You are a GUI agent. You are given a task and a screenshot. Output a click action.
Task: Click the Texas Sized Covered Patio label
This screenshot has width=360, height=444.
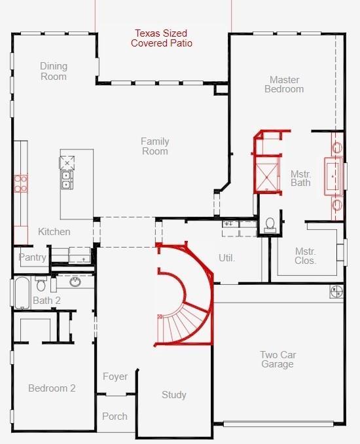pyautogui.click(x=162, y=38)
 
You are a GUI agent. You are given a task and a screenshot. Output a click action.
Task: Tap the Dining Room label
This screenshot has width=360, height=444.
pyautogui.click(x=54, y=71)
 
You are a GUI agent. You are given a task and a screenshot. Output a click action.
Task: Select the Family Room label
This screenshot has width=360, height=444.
pyautogui.click(x=155, y=146)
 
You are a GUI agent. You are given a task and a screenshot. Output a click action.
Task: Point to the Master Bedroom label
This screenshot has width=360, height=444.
pyautogui.click(x=284, y=84)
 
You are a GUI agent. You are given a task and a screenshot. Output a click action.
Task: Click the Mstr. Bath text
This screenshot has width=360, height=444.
pyautogui.click(x=300, y=178)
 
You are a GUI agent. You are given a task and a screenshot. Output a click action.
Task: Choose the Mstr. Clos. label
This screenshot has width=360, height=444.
pyautogui.click(x=305, y=255)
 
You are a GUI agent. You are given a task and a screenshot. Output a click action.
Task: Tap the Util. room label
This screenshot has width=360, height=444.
pyautogui.click(x=226, y=258)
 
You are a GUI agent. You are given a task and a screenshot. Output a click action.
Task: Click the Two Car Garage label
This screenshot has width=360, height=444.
pyautogui.click(x=278, y=360)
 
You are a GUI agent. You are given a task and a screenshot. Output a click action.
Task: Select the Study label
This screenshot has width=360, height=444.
pyautogui.click(x=173, y=395)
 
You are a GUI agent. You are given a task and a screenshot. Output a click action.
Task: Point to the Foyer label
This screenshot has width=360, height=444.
pyautogui.click(x=115, y=377)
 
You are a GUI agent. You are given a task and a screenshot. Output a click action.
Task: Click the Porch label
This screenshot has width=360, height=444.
pyautogui.click(x=115, y=416)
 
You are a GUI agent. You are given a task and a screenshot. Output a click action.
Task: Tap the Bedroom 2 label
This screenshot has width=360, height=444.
pyautogui.click(x=52, y=388)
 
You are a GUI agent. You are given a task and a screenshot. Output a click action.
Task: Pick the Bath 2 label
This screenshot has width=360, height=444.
pyautogui.click(x=46, y=300)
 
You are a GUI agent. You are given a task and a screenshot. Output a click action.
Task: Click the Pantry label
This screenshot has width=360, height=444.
pyautogui.click(x=32, y=257)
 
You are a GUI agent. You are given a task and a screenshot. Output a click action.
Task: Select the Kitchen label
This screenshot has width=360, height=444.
pyautogui.click(x=54, y=232)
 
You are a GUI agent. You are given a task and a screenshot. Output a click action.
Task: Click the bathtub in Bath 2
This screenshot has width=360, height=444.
pyautogui.click(x=22, y=293)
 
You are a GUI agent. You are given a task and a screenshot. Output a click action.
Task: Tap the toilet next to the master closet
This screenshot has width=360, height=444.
pyautogui.click(x=270, y=225)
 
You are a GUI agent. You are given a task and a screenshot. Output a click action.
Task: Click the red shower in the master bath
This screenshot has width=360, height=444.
pyautogui.click(x=266, y=174)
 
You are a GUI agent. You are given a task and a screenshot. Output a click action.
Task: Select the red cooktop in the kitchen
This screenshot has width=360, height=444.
pyautogui.click(x=21, y=183)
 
